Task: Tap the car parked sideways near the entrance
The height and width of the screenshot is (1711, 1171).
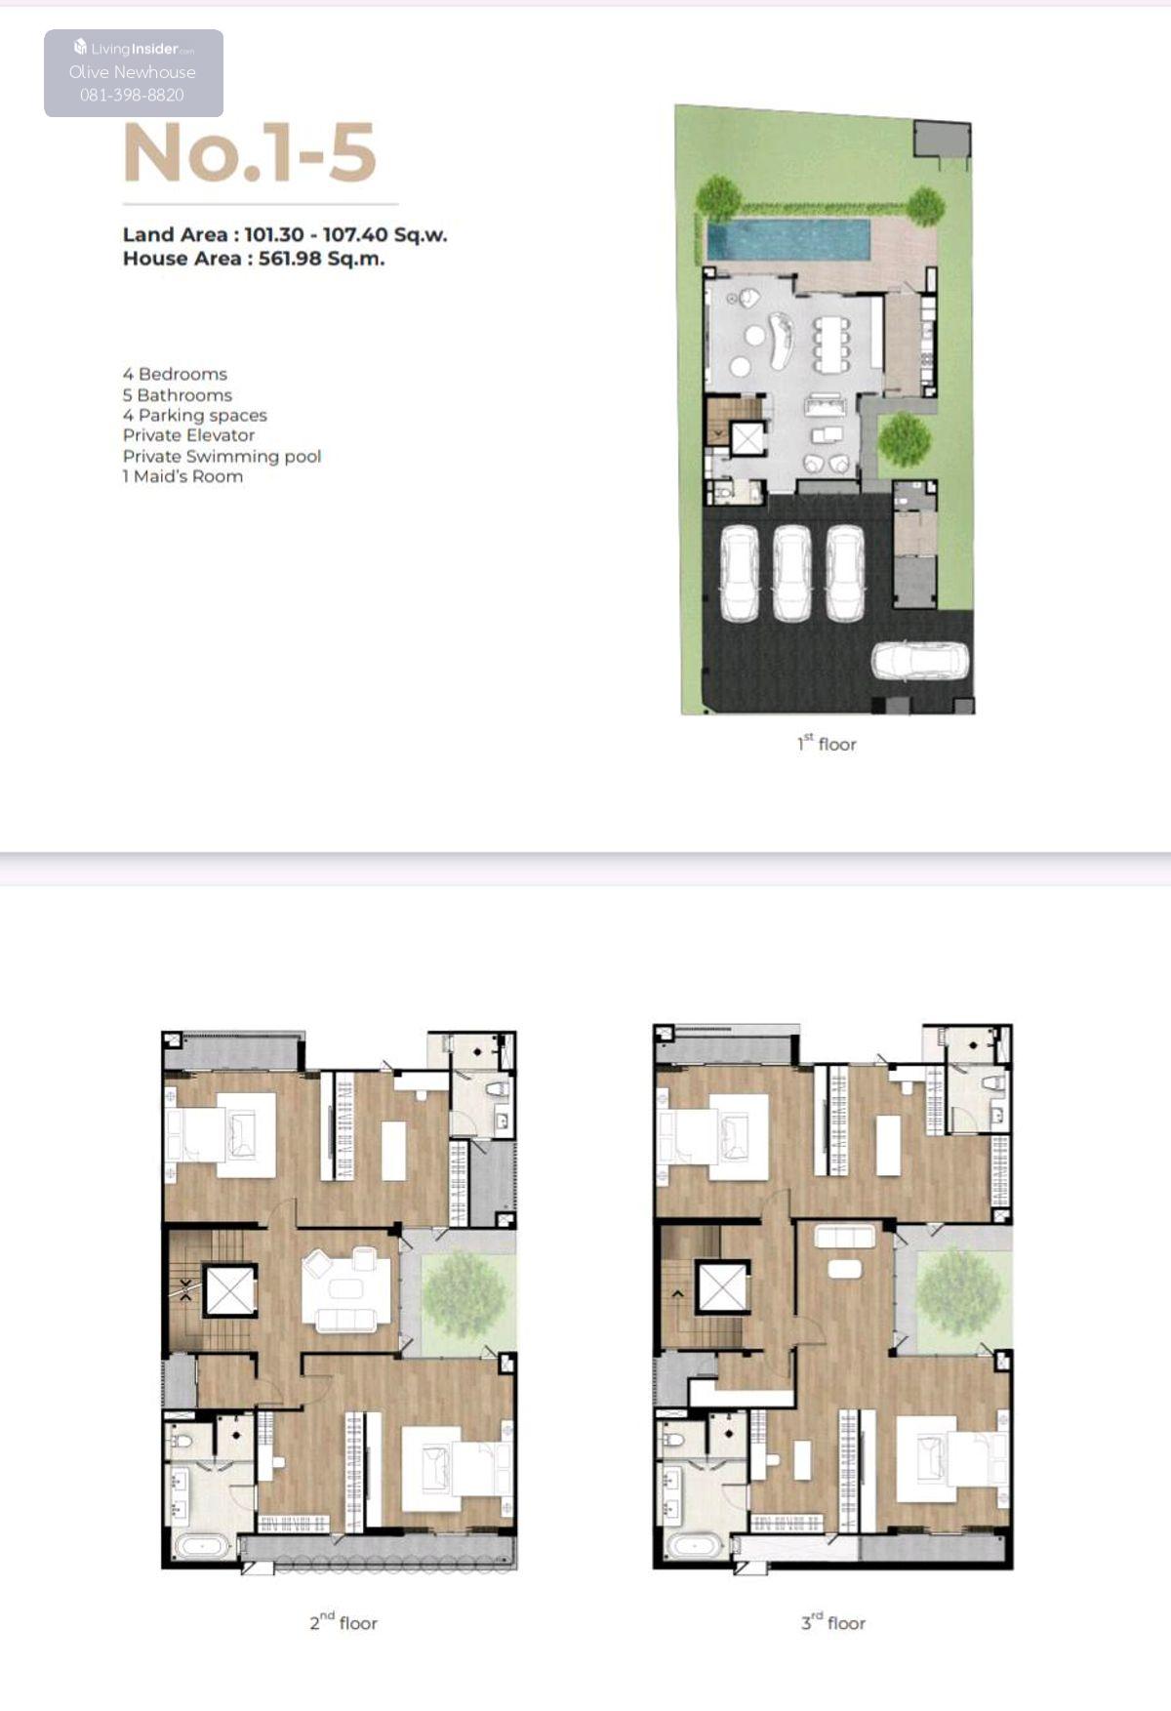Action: click(x=920, y=661)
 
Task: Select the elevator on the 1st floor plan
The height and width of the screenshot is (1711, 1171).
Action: click(x=747, y=439)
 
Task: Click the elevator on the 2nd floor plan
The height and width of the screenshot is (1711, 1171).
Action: click(x=230, y=1293)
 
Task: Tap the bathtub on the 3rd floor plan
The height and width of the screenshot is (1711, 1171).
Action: click(x=694, y=1544)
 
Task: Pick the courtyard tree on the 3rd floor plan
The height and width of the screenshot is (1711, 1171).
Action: click(x=956, y=1289)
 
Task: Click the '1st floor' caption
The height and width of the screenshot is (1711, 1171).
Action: click(x=827, y=744)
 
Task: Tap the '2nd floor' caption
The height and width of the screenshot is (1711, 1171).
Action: click(x=343, y=1622)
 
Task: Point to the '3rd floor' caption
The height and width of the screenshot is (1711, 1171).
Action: click(x=833, y=1622)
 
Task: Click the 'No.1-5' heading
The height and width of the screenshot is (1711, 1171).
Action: click(x=250, y=153)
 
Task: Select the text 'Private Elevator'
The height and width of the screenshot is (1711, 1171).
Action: click(x=188, y=435)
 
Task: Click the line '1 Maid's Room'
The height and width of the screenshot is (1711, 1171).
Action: click(x=182, y=476)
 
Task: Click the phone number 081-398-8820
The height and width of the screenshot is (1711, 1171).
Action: click(x=132, y=95)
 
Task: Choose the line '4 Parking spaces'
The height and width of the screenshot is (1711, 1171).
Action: click(x=194, y=415)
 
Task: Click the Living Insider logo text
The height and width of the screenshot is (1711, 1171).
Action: click(x=135, y=48)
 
